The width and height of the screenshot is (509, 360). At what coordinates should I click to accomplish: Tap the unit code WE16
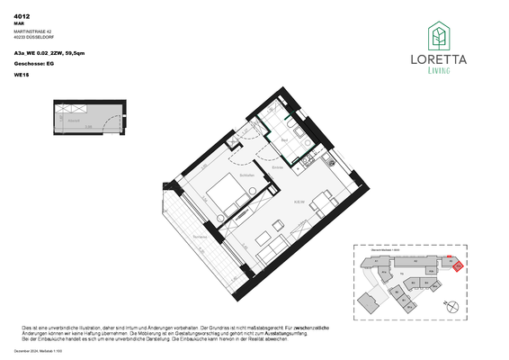[21, 76]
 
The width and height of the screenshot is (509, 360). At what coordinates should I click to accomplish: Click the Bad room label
[281, 140]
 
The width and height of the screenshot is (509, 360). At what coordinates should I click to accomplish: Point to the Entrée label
[279, 168]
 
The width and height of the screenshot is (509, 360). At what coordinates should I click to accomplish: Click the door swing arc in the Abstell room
[67, 112]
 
